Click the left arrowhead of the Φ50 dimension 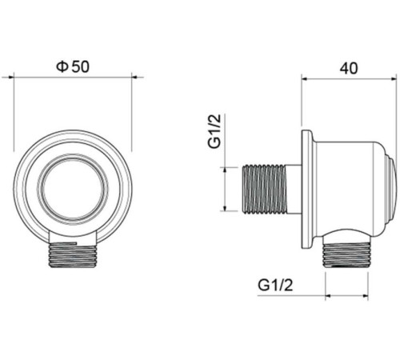click(x=15, y=78)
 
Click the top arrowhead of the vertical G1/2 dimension click(x=226, y=169)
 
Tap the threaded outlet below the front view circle click(x=73, y=255)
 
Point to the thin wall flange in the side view click(x=306, y=189)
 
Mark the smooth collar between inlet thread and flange click(x=294, y=189)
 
